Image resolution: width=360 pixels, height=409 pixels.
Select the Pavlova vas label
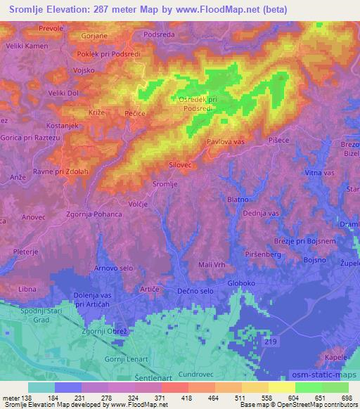coord(226,142)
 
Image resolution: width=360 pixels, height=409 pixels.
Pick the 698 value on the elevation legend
coord(347,399)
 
